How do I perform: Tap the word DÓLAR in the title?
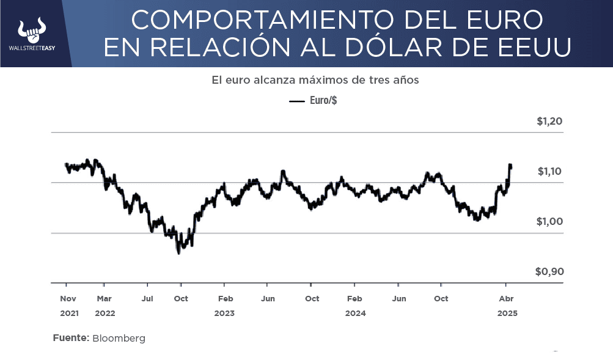tap(396, 48)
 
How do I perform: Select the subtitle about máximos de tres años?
tap(315, 80)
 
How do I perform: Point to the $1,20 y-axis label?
tap(549, 121)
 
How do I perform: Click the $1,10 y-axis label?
tap(549, 172)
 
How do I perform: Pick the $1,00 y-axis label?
tap(549, 222)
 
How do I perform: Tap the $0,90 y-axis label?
tap(549, 272)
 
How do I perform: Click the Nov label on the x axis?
tap(68, 299)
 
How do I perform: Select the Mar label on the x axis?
tap(105, 299)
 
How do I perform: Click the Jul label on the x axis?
tap(147, 299)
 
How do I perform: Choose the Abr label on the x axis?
tap(507, 299)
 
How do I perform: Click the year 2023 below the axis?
tap(224, 313)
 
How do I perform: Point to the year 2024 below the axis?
tap(355, 313)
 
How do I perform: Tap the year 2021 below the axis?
tap(69, 313)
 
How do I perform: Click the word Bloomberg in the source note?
tap(119, 338)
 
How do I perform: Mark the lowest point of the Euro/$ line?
tap(178, 252)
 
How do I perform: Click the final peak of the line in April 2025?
tap(510, 164)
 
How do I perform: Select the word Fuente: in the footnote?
tap(71, 338)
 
